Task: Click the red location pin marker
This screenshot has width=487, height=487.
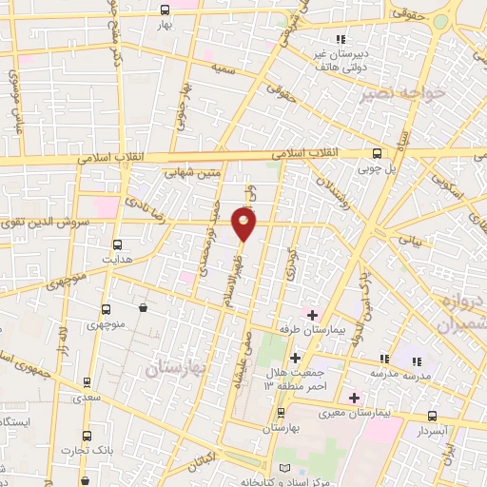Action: [x=245, y=224]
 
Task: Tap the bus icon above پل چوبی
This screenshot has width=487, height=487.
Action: [x=378, y=153]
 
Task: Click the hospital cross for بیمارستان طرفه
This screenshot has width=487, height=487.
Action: [x=312, y=314]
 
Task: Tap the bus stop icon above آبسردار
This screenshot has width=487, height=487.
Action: [x=433, y=416]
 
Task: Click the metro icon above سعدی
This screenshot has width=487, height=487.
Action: [x=88, y=381]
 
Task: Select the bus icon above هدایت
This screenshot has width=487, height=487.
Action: [x=118, y=243]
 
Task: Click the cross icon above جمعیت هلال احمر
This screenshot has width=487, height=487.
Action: [x=295, y=359]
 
